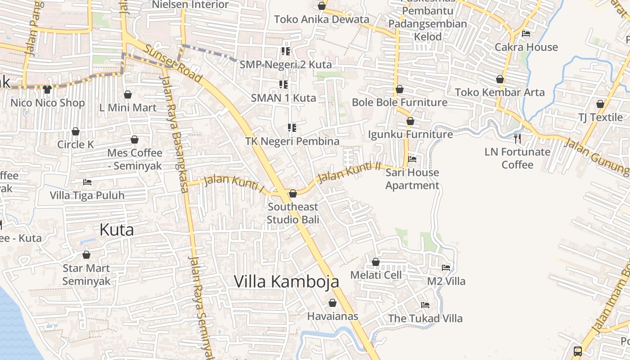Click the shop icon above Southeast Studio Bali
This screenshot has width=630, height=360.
point(293,193)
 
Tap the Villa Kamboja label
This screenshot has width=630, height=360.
point(286,282)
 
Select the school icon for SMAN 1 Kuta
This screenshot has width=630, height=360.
point(283,84)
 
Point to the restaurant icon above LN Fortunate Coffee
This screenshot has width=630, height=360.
point(517,138)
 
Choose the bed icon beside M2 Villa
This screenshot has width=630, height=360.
point(446,267)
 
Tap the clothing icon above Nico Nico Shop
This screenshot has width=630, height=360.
point(47,90)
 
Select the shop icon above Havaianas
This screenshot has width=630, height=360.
point(333,303)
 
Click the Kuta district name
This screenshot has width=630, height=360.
point(117,230)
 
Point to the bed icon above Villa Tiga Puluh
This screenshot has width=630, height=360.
point(87,182)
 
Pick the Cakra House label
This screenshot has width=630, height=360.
point(526,47)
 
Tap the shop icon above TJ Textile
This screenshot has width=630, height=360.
point(600,104)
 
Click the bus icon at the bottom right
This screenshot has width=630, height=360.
point(578,351)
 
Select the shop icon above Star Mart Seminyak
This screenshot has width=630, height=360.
point(86,255)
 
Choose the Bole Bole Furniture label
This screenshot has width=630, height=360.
point(400,103)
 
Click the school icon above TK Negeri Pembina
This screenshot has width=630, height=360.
point(292,128)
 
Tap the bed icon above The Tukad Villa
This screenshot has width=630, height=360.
point(425,305)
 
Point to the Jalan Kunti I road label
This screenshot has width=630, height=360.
point(234,183)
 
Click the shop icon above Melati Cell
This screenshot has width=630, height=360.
point(376,262)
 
